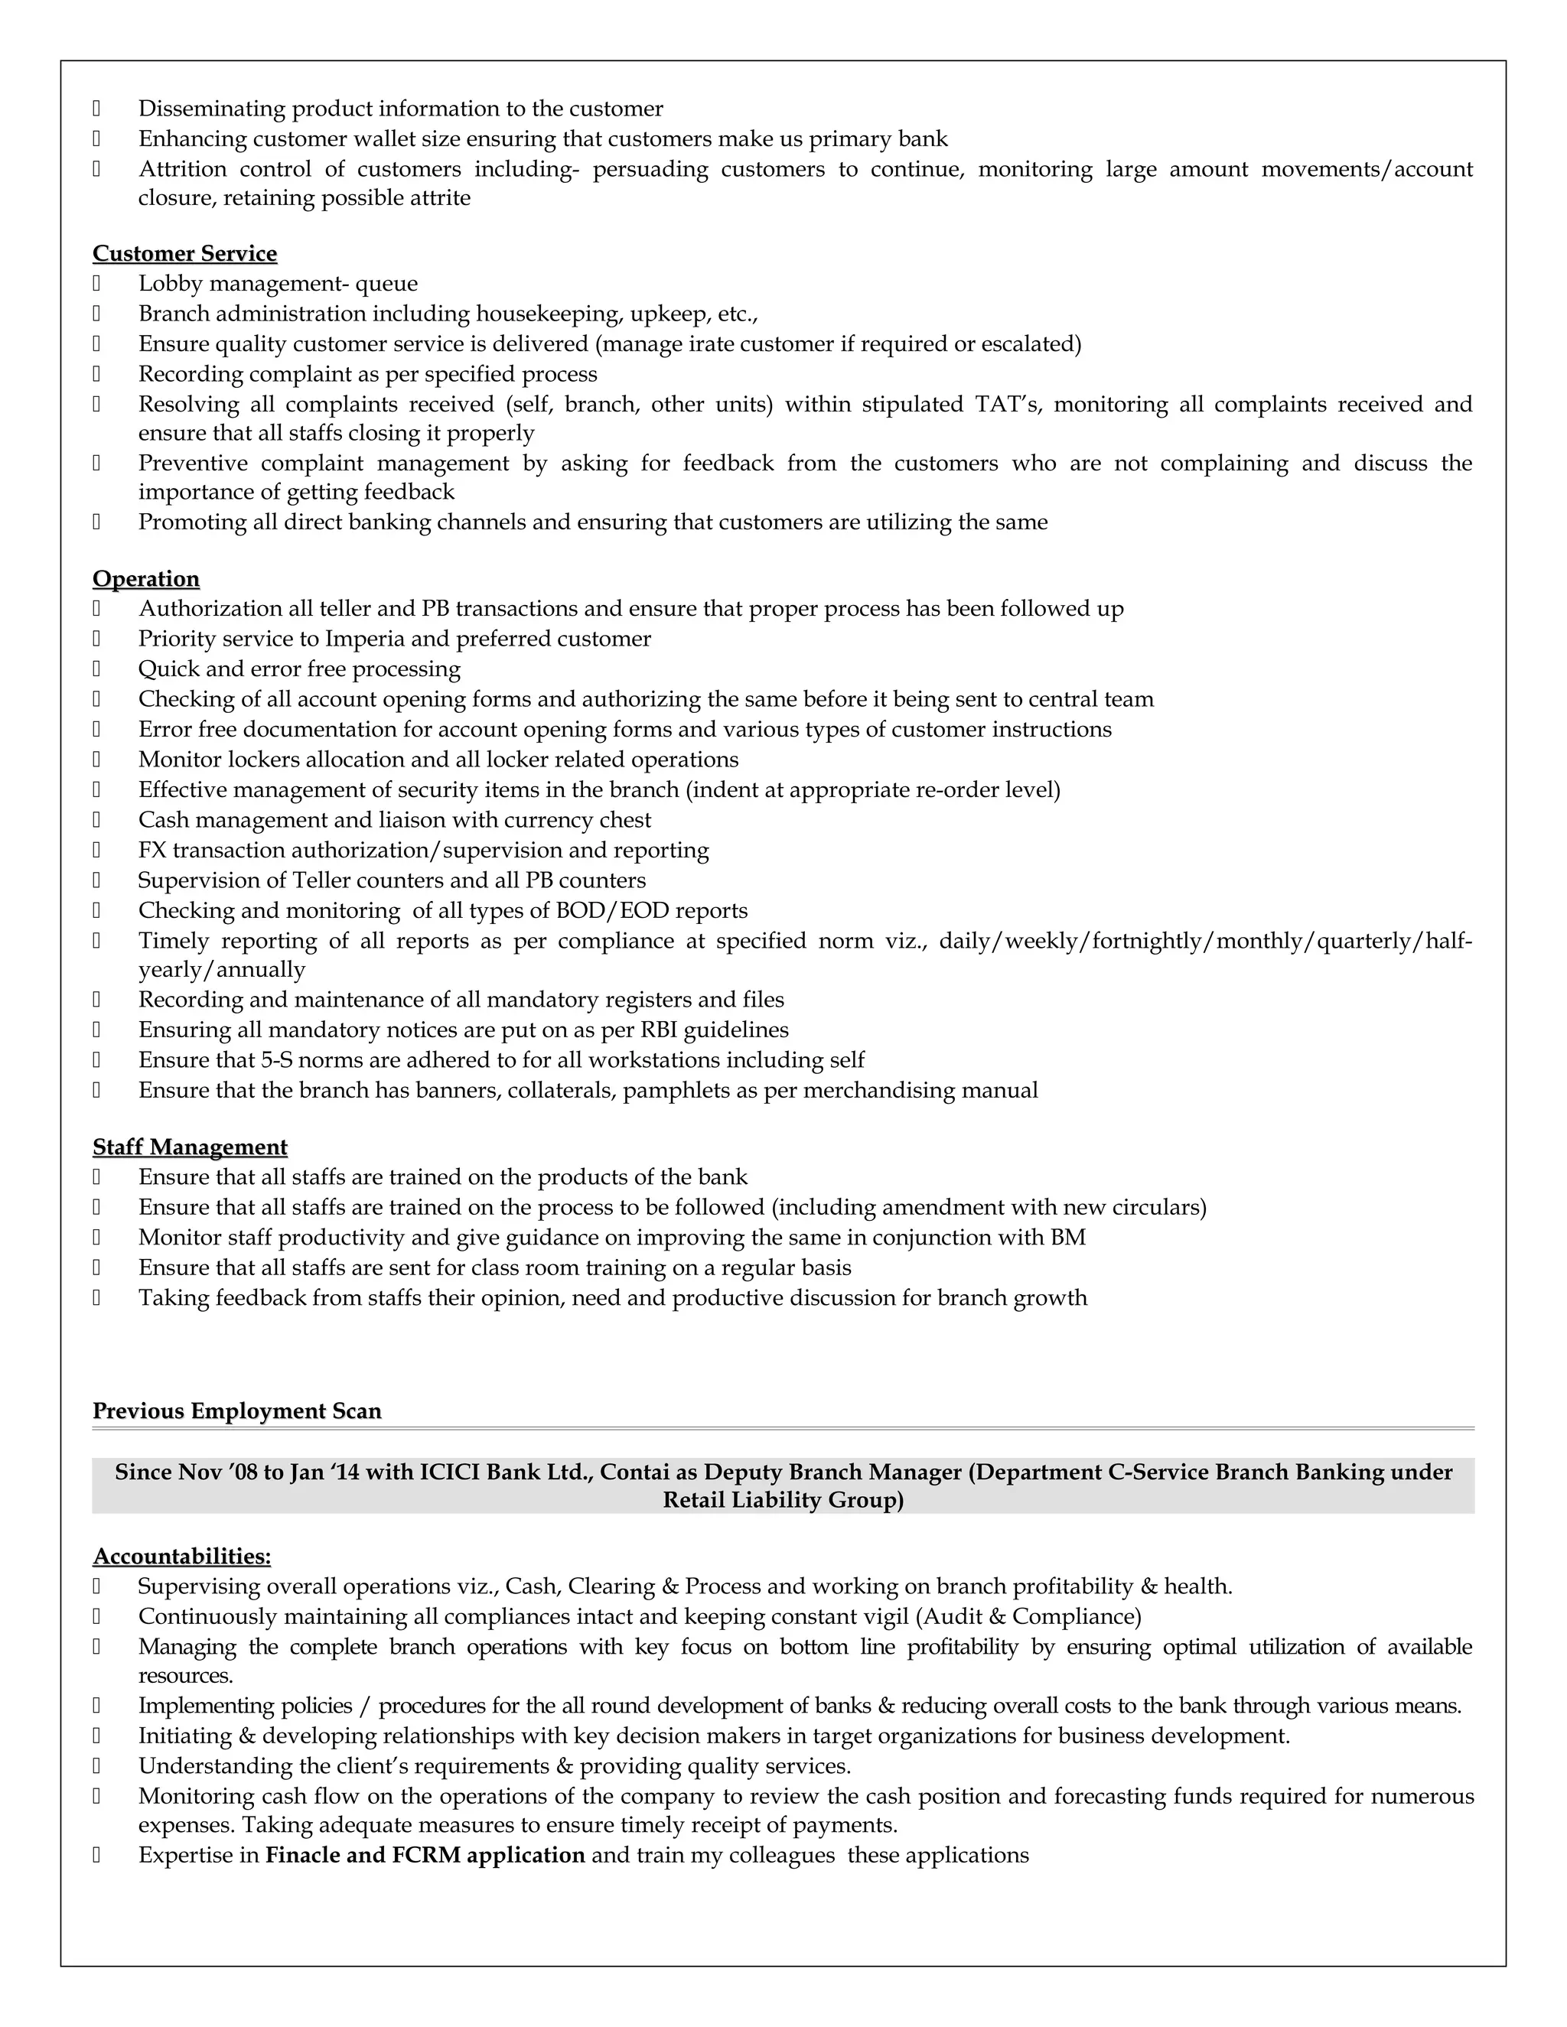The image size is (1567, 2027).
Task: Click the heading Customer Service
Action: pyautogui.click(x=184, y=253)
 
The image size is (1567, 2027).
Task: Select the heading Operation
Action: pyautogui.click(x=145, y=578)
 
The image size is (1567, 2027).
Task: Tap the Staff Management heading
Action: pyautogui.click(x=190, y=1147)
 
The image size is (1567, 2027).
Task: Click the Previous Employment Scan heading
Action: pyautogui.click(x=236, y=1410)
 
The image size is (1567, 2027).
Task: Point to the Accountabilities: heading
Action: pyautogui.click(x=182, y=1557)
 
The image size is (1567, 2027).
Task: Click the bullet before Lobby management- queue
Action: pyautogui.click(x=96, y=284)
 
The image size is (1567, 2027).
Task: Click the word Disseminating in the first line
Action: pyautogui.click(x=212, y=109)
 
